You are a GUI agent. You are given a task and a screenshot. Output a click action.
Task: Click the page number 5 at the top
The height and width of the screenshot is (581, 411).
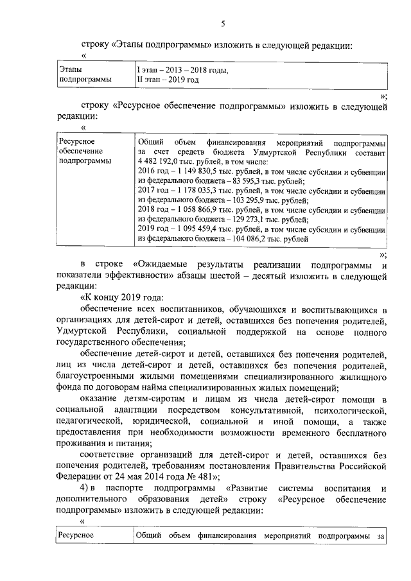[x=223, y=24]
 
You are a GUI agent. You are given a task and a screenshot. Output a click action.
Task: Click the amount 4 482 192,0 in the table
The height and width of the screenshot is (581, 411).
[x=158, y=163]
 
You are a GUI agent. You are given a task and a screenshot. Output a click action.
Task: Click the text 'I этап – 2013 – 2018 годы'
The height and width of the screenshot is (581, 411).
[x=182, y=69]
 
